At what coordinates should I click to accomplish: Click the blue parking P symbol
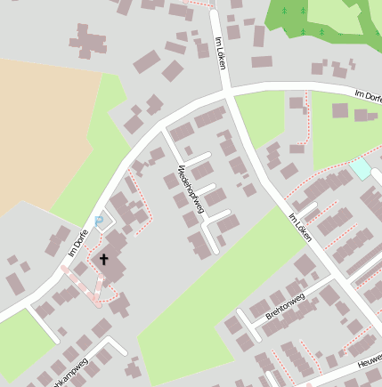pyautogui.click(x=99, y=222)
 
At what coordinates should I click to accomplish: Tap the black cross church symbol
pyautogui.click(x=103, y=259)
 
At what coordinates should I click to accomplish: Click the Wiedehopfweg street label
pyautogui.click(x=191, y=189)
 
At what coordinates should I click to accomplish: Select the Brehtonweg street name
pyautogui.click(x=286, y=307)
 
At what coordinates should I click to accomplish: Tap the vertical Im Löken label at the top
pyautogui.click(x=219, y=53)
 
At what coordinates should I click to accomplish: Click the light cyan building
pyautogui.click(x=361, y=167)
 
